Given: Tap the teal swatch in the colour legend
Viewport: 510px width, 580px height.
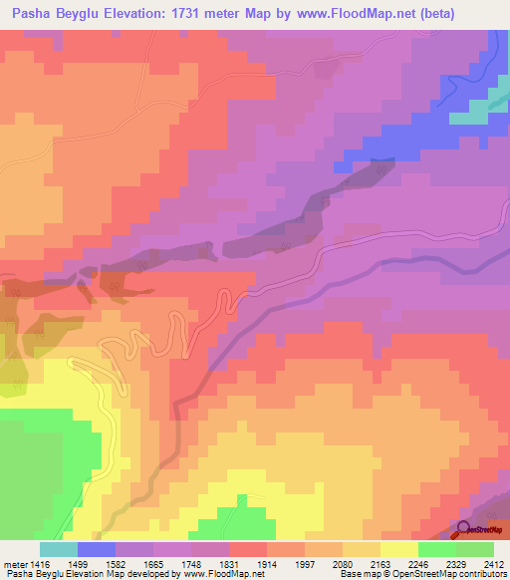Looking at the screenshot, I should coord(59,549).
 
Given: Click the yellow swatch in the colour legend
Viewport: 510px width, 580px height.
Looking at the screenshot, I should coord(399,549).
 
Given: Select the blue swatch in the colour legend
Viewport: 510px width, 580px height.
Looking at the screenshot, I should coord(97,549).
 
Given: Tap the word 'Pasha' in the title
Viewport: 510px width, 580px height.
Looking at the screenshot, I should coord(31,13).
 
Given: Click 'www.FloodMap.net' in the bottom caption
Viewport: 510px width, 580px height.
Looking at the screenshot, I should coord(215,574).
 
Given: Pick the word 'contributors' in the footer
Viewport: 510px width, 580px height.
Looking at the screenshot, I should coord(482,574).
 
